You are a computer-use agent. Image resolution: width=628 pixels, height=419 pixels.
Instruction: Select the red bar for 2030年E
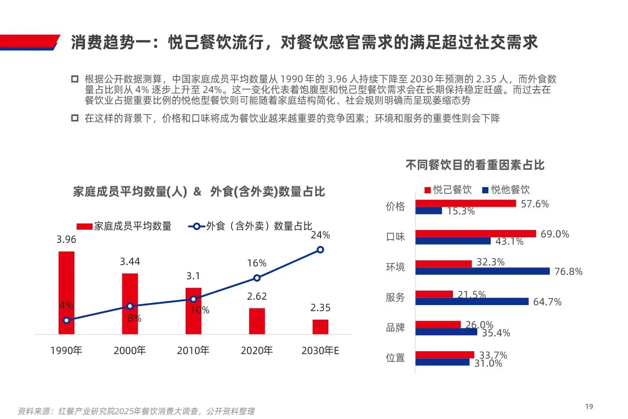click(320, 327)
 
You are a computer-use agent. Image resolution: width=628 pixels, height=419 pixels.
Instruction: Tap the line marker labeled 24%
click(320, 250)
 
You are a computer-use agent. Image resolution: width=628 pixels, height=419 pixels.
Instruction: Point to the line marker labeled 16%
click(257, 278)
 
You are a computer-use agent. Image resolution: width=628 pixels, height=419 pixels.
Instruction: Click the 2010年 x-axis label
click(193, 351)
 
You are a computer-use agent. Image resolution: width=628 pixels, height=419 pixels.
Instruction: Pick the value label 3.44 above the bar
click(130, 262)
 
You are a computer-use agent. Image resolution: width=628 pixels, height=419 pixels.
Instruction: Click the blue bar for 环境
click(482, 271)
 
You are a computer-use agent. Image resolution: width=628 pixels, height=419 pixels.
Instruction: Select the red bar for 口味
click(476, 234)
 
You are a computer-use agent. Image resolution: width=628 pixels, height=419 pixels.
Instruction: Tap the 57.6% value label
click(534, 204)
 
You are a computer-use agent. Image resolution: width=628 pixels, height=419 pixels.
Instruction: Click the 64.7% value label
click(547, 302)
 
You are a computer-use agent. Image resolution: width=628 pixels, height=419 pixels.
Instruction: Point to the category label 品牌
click(395, 328)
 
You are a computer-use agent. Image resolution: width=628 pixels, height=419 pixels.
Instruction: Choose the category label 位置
click(395, 358)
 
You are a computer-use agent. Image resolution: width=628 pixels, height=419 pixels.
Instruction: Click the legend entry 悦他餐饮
click(506, 190)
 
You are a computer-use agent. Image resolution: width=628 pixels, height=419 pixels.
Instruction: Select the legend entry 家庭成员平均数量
click(124, 226)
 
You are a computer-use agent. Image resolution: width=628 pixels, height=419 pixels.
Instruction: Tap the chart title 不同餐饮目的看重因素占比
click(475, 165)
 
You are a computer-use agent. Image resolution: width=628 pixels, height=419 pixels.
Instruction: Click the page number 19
click(589, 407)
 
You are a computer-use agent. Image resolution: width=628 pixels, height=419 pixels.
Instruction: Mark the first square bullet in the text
click(75, 79)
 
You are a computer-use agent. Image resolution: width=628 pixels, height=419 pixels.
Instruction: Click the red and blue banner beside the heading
click(29, 42)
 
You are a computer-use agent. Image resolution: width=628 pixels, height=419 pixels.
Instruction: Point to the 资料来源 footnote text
click(136, 411)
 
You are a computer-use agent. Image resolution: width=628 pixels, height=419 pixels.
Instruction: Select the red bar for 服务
click(434, 294)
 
